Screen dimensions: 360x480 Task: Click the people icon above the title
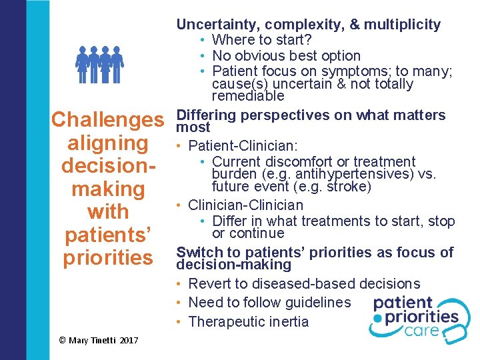(99, 64)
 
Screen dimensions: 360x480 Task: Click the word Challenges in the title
(107, 120)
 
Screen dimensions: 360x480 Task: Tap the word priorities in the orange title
(107, 257)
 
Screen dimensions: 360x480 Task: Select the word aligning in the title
(107, 143)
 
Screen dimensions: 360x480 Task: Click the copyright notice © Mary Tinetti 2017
(99, 340)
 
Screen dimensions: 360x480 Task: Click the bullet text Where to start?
(261, 40)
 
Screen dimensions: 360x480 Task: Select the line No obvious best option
(286, 55)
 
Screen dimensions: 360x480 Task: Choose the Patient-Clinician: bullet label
(242, 145)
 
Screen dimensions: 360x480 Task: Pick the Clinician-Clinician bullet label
(245, 205)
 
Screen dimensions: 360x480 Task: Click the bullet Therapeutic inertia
(249, 321)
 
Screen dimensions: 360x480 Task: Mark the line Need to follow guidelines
(269, 302)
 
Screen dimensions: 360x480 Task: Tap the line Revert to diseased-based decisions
(304, 283)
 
